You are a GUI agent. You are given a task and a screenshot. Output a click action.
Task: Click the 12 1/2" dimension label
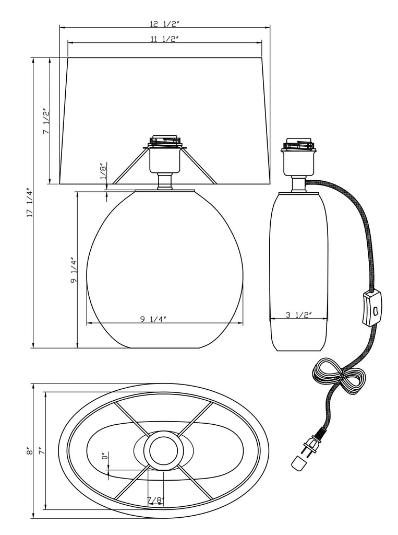click(164, 24)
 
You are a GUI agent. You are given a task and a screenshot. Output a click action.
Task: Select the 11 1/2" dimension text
click(165, 39)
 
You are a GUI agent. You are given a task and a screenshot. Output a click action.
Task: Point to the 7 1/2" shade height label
click(46, 122)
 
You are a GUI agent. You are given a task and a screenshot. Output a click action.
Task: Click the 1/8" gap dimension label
click(103, 171)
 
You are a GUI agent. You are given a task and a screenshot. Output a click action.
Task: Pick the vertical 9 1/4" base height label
click(74, 270)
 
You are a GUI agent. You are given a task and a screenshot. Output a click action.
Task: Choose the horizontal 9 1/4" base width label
click(153, 319)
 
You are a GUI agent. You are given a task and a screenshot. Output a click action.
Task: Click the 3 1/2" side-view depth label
click(298, 315)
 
